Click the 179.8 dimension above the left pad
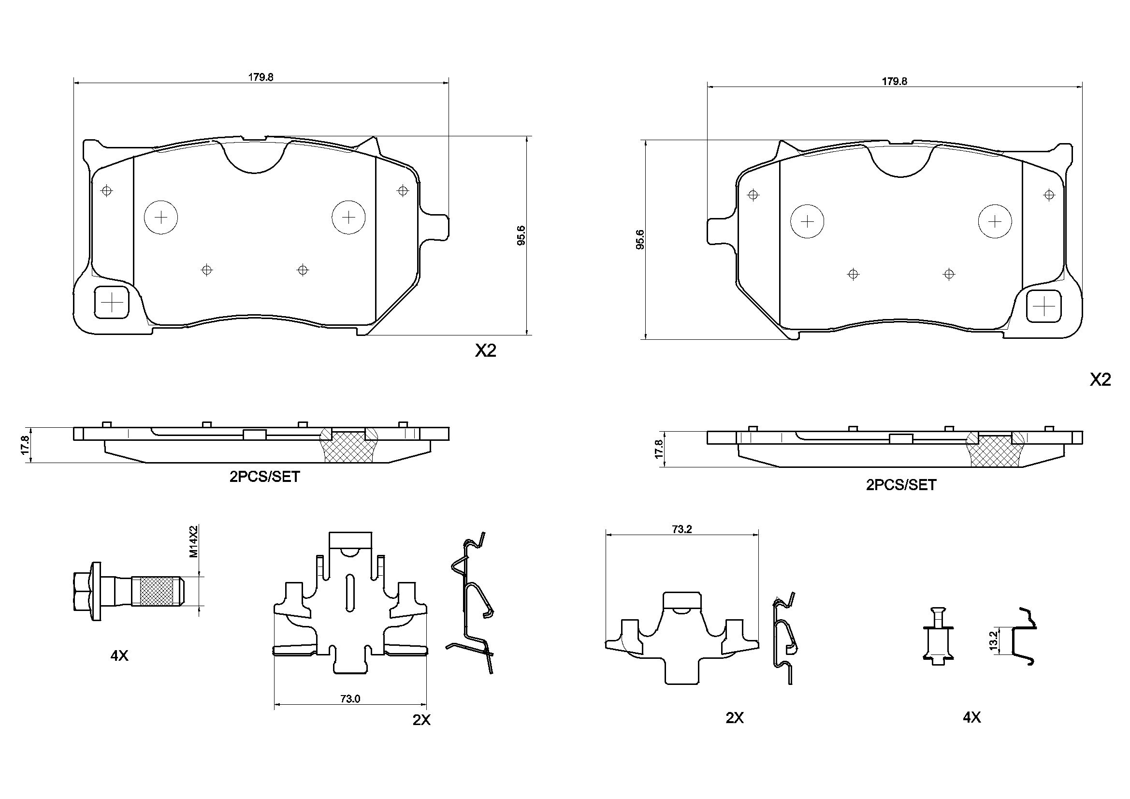coord(261,77)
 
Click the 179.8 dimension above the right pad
coord(894,82)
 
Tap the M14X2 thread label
coord(194,541)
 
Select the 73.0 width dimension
coord(350,698)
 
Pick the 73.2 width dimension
coord(681,529)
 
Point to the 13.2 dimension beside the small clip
coord(993,641)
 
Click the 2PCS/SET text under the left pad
coord(264,477)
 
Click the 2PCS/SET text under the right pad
coord(900,485)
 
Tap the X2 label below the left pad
coord(485,351)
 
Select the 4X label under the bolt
coord(119,656)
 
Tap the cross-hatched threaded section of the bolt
coord(157,591)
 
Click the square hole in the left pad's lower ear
coord(112,302)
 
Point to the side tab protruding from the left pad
coord(436,228)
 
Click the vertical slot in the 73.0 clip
coord(350,593)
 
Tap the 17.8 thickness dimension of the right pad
coord(658,450)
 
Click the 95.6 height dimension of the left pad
coord(521,235)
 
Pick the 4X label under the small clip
coord(971,718)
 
